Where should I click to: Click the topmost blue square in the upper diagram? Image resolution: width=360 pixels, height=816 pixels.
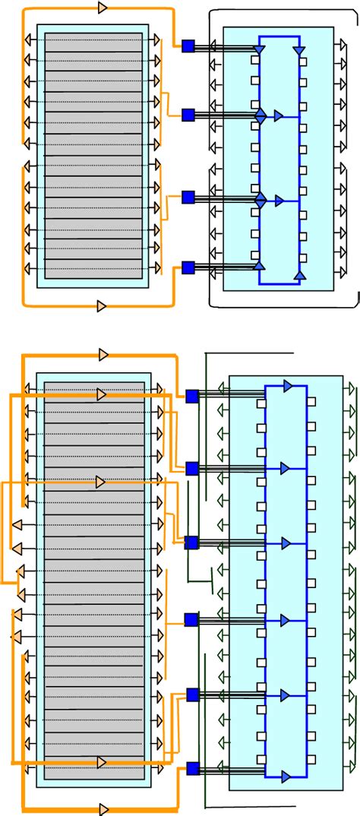point(188,46)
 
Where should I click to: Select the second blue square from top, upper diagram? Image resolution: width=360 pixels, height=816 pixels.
point(188,115)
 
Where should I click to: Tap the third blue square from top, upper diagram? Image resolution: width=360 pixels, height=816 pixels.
point(188,198)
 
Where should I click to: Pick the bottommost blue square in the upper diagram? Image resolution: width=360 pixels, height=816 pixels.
point(188,267)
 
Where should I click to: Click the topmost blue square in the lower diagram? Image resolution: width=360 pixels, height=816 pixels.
point(192,396)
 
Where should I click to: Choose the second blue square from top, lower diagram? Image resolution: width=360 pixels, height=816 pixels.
point(192,468)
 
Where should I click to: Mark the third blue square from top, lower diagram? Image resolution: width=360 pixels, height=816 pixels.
point(191,542)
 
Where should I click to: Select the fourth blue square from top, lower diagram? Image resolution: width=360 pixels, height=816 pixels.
point(191,620)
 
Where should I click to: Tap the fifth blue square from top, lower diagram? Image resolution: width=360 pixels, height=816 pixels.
point(192,694)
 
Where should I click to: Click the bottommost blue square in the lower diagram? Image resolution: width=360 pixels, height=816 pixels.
point(192,767)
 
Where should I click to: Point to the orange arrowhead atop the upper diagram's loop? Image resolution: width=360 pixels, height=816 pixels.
point(103,8)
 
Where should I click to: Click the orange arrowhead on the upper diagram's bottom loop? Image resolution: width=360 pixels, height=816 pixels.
point(103,306)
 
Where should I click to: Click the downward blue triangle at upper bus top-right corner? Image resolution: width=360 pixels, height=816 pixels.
point(300,50)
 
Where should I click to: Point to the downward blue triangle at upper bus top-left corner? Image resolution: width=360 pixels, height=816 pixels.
point(259,50)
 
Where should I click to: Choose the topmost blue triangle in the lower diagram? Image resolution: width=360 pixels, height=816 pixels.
point(287,386)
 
